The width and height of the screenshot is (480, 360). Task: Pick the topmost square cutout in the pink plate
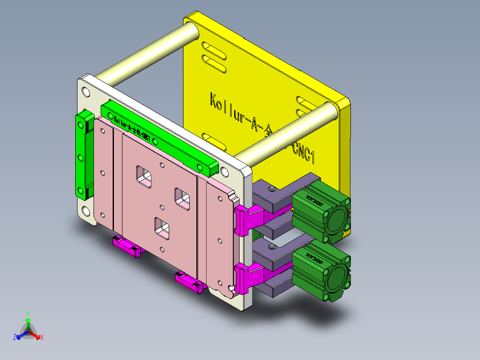pos(144,175)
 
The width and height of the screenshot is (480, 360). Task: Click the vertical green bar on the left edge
pos(83,154)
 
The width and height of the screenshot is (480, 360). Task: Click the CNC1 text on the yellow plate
pos(303,151)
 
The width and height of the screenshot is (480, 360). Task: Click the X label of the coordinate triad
pos(42,338)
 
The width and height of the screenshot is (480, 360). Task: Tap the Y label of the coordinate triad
pos(28,313)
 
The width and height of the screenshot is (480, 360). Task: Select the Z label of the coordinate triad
pos(14,338)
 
